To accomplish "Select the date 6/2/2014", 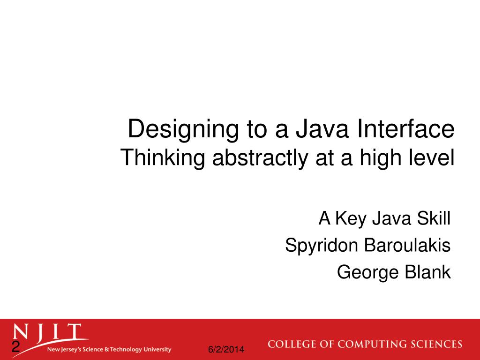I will coord(226,350).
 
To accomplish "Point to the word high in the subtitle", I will coord(379,158).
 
